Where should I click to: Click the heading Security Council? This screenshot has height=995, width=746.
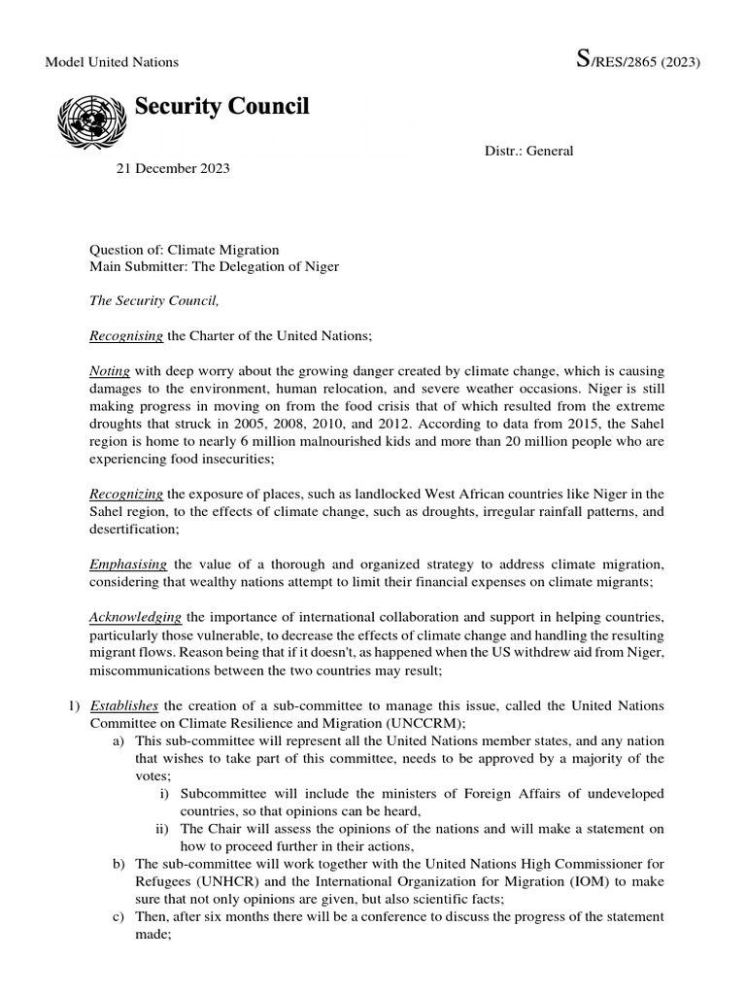click(x=221, y=107)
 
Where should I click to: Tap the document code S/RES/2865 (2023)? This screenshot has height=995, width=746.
click(x=638, y=61)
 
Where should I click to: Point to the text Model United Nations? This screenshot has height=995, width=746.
click(x=113, y=62)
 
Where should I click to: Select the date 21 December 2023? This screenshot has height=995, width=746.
click(x=174, y=168)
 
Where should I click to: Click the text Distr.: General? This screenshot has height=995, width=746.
click(x=529, y=151)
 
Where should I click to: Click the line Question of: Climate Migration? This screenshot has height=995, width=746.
click(x=185, y=250)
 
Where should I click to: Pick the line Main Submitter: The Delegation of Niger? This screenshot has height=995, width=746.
click(x=215, y=266)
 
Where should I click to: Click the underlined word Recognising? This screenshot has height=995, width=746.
click(x=126, y=335)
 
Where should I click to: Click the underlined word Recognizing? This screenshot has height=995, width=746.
click(x=126, y=493)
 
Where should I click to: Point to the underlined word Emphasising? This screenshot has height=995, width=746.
click(x=128, y=564)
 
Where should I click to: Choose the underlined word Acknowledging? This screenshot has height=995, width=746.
click(x=136, y=616)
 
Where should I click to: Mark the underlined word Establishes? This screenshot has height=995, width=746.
click(x=124, y=704)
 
